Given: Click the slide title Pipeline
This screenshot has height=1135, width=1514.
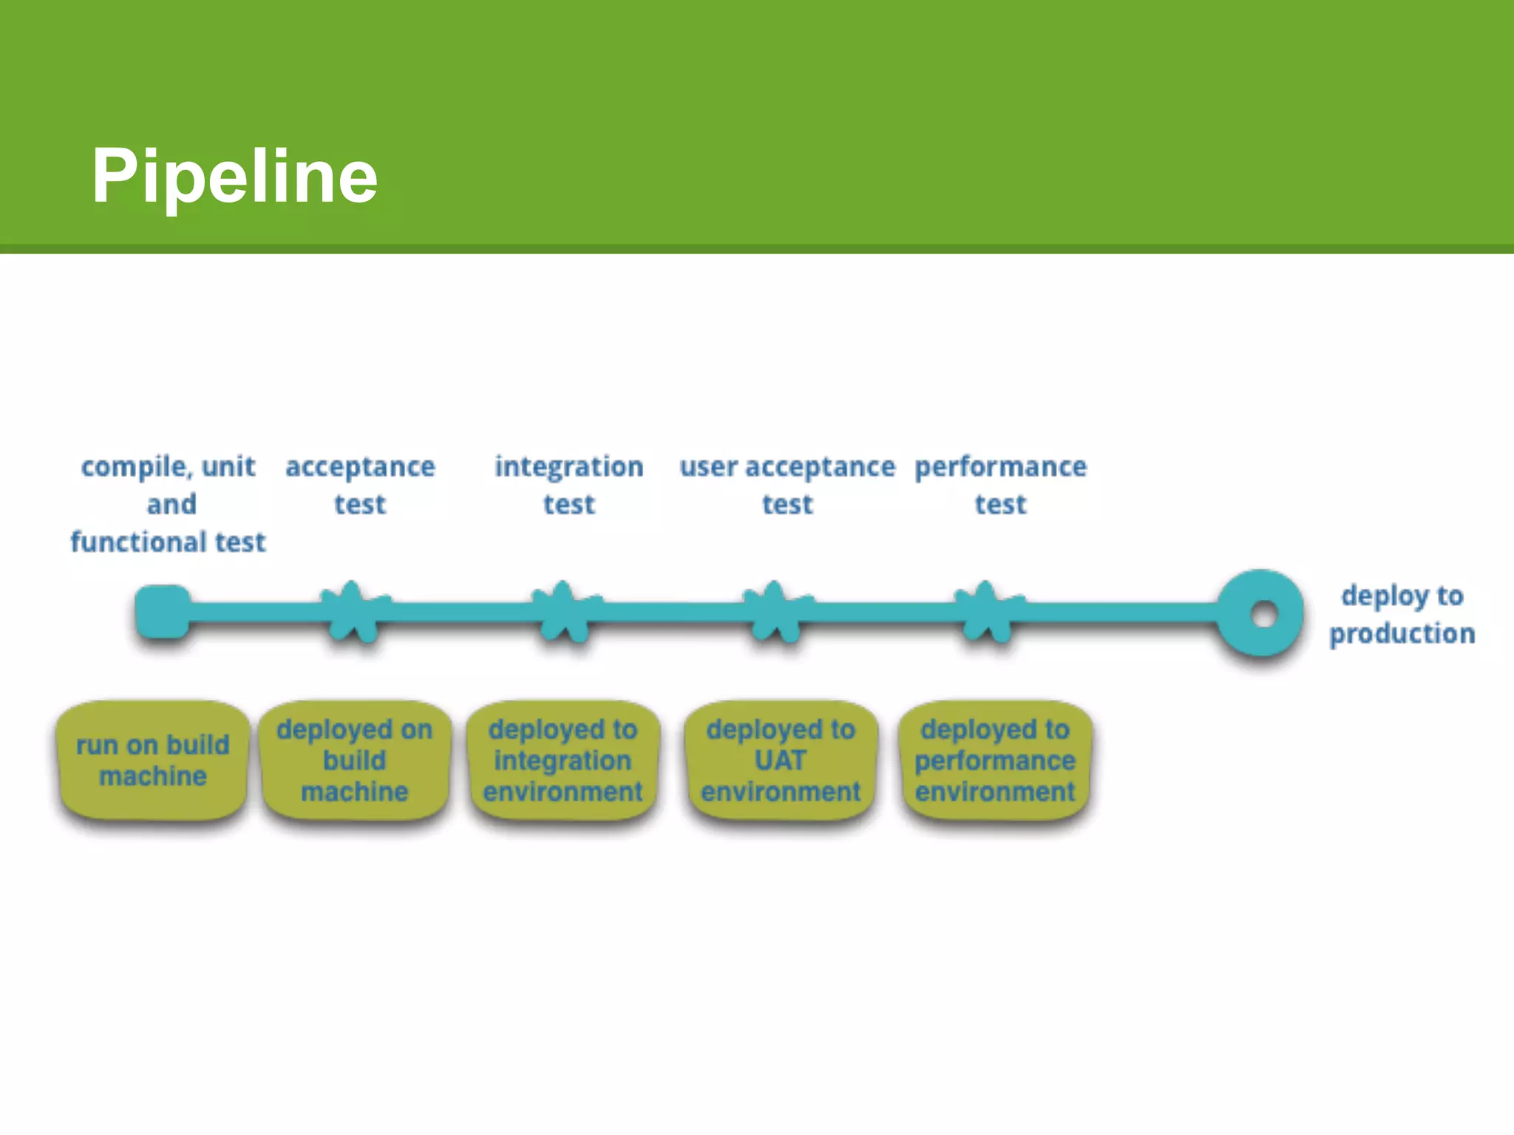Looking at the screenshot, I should point(234,176).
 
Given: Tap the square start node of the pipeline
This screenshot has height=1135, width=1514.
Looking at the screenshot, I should point(163,611).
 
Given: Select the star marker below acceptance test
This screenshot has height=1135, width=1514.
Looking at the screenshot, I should point(353,612).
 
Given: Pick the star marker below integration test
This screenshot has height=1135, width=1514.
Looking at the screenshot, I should point(564,612).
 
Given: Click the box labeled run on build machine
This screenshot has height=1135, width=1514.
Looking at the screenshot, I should point(153,760).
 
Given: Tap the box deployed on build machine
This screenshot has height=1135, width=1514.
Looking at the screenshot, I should point(355,760).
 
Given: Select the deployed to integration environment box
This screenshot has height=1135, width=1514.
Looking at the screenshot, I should point(563,760).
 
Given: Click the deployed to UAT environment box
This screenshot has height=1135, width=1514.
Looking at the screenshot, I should point(781,760).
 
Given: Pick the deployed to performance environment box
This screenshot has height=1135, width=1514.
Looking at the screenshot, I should point(995,760).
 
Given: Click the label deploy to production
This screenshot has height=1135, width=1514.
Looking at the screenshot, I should point(1402,614).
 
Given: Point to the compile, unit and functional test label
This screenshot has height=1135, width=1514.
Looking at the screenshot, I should point(169,504).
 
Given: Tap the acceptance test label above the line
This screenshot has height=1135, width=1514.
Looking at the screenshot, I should point(360,485).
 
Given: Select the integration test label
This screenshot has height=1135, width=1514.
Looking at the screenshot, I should point(568,485).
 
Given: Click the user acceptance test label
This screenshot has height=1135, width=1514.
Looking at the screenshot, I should point(787,485).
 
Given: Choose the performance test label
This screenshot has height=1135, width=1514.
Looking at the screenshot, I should point(1000,485).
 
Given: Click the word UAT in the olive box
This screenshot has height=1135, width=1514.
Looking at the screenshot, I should point(781,760).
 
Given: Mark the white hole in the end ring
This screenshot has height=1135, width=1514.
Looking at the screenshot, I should point(1264,614).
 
